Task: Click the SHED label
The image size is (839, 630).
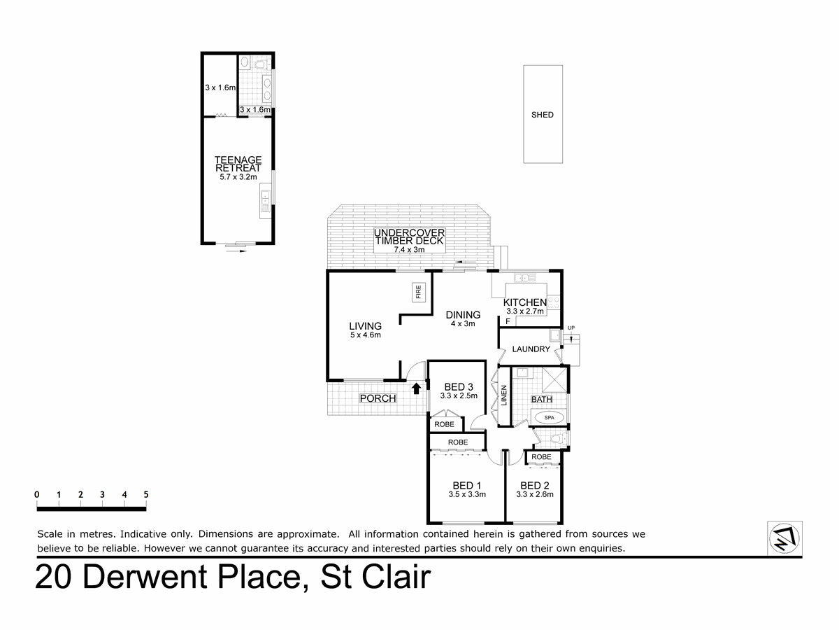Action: click(542, 115)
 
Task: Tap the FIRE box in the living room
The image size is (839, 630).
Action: click(419, 292)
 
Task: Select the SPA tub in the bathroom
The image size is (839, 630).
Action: click(550, 417)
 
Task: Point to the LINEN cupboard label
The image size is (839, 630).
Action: click(504, 395)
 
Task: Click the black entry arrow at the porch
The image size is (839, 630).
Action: click(416, 388)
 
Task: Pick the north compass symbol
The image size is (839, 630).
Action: click(784, 538)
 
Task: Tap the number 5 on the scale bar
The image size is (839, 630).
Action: click(146, 495)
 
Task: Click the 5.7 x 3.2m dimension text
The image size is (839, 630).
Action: click(238, 177)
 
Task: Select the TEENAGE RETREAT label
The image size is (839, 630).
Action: click(238, 164)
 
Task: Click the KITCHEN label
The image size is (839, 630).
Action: click(525, 302)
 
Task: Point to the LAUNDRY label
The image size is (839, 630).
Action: click(531, 349)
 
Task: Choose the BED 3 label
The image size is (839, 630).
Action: click(459, 386)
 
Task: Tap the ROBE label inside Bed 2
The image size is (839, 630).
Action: click(541, 456)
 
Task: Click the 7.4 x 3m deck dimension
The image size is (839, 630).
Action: click(410, 250)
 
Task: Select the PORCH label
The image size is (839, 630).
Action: click(378, 398)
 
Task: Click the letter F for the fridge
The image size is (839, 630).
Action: click(508, 321)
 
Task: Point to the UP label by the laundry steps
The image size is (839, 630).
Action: click(571, 328)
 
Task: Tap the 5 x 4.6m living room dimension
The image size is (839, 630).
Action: click(366, 335)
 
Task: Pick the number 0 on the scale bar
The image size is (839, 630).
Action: click(36, 495)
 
